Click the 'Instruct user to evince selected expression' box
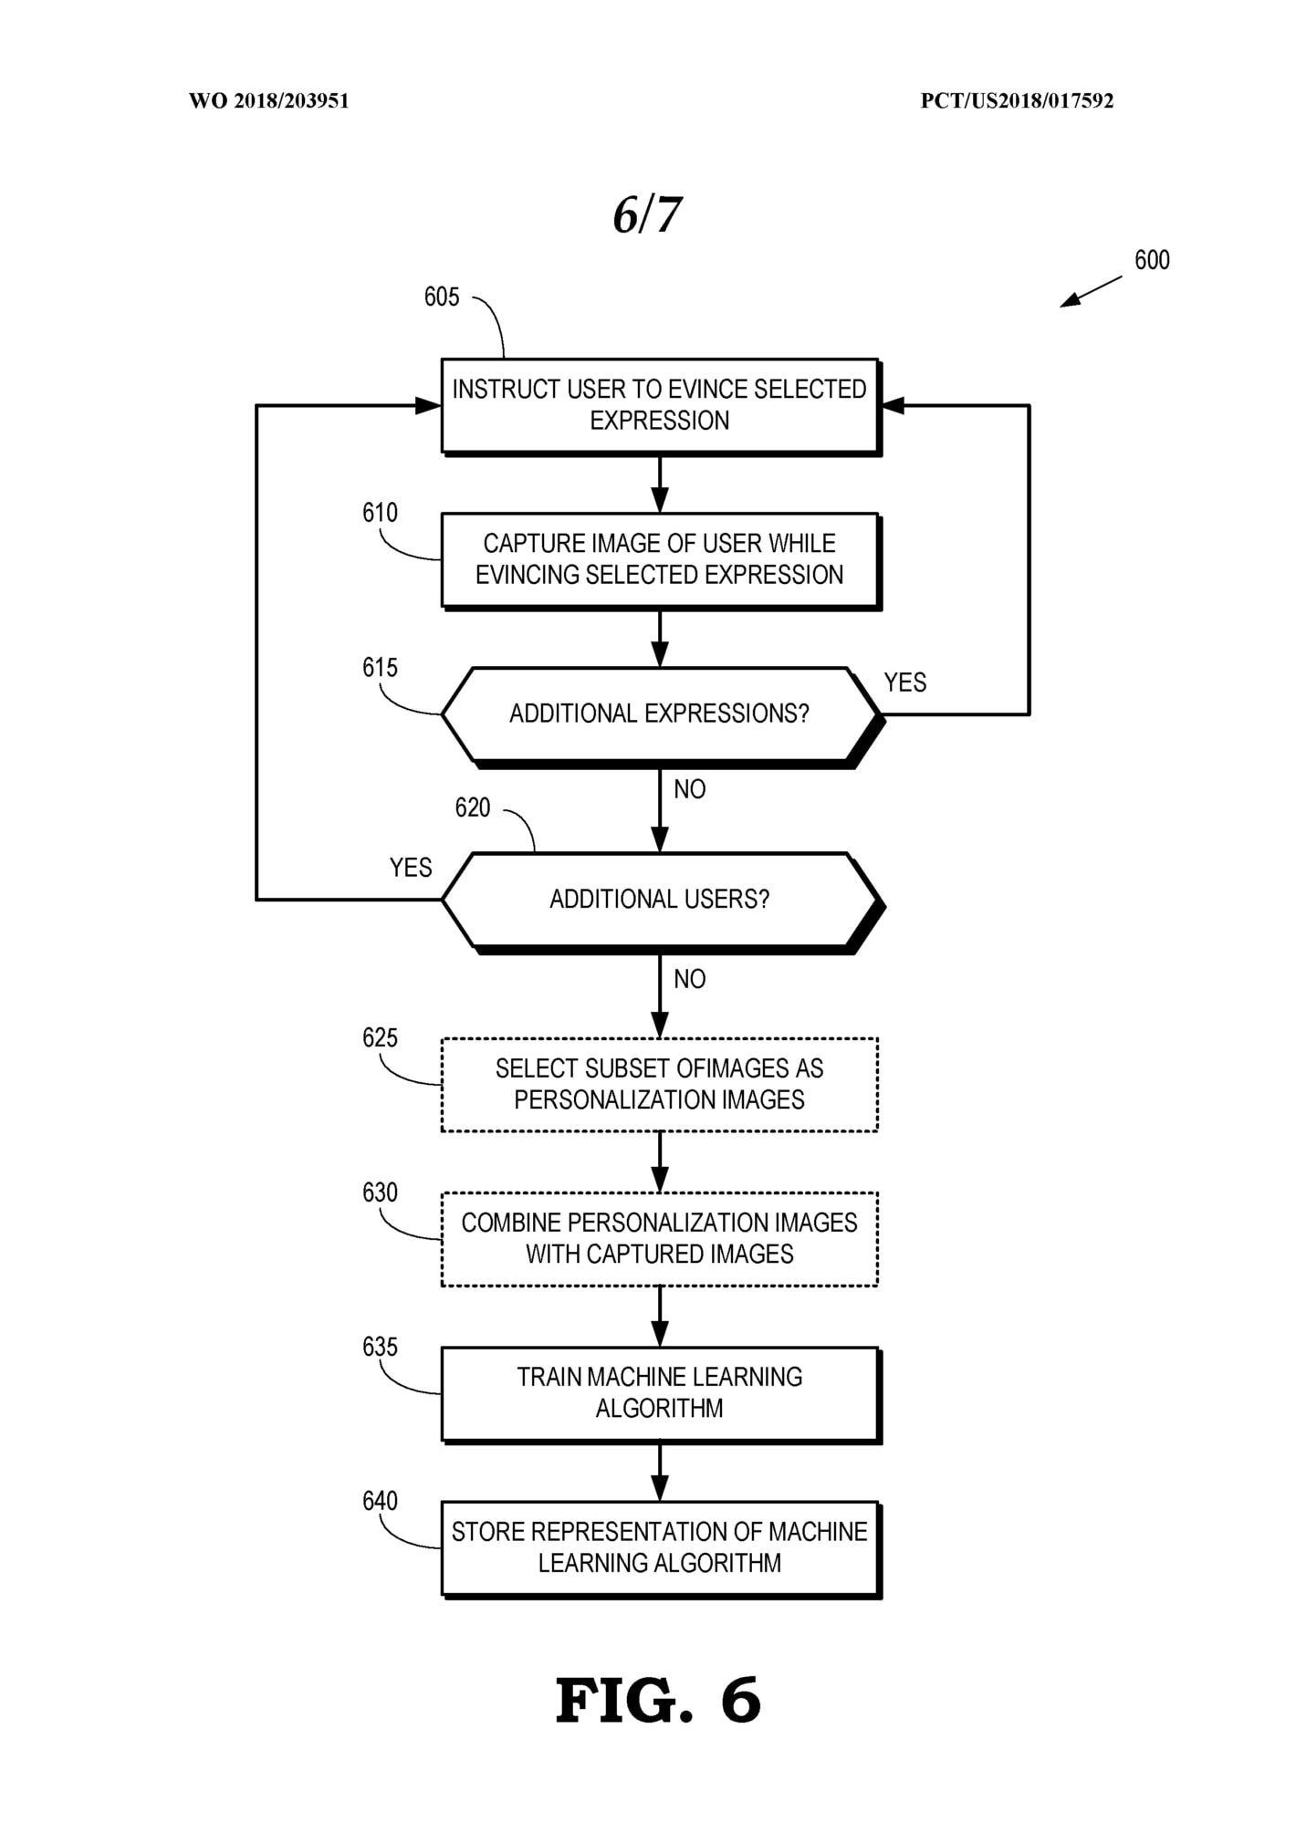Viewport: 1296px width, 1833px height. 660,406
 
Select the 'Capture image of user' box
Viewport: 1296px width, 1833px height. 660,560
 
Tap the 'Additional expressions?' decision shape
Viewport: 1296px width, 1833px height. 662,715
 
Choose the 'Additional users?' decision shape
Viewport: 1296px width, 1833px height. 662,901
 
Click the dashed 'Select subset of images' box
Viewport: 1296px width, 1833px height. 660,1085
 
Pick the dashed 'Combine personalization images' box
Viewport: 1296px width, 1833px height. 660,1239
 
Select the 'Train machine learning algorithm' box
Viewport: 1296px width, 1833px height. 660,1394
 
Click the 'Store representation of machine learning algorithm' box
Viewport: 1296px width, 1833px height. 660,1548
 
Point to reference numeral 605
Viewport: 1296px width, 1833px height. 442,297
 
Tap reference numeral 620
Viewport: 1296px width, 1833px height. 473,807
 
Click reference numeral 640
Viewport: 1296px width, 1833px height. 380,1501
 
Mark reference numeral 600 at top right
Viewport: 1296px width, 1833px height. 1152,260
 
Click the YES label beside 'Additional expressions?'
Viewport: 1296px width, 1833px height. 905,682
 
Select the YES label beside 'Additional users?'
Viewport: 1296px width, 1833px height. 411,868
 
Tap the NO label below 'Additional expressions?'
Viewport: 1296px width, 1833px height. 690,789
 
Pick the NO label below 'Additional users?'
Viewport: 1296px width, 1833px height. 690,979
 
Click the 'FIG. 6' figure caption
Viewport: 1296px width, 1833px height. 658,1701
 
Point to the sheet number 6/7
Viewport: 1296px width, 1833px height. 647,215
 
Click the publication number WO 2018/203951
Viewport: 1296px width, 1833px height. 269,100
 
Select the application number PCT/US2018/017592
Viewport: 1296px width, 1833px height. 1017,100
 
